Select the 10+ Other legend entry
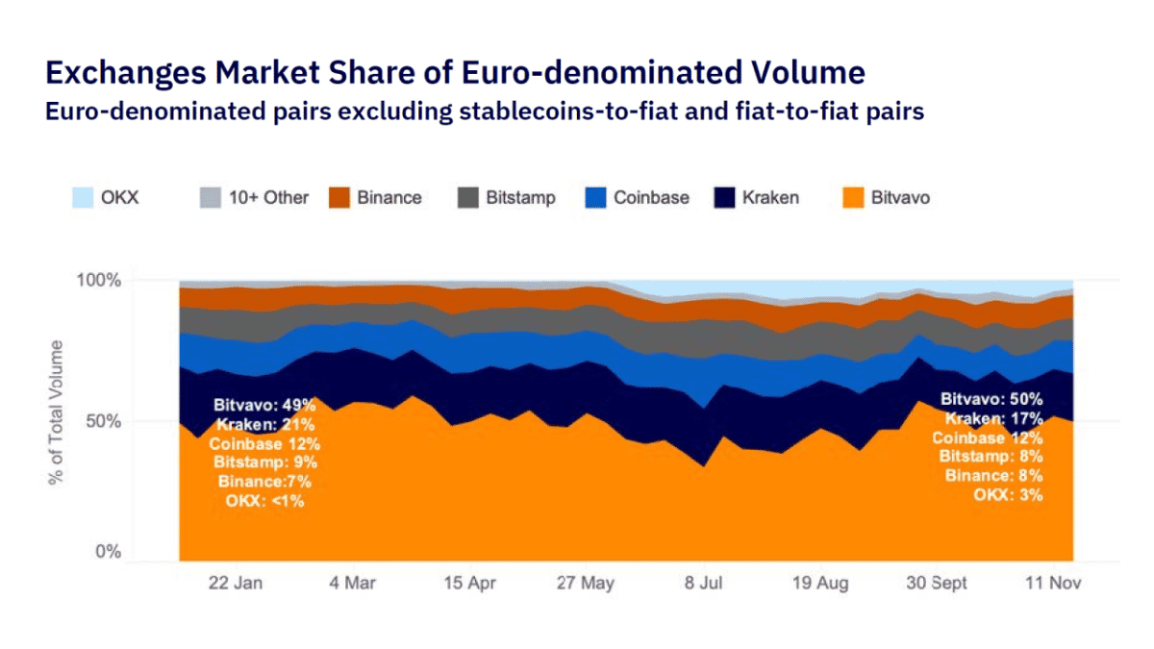click(254, 198)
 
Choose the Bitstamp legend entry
click(509, 198)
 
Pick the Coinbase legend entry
click(637, 198)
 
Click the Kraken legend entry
click(756, 198)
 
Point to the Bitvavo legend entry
click(885, 198)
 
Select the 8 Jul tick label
click(703, 584)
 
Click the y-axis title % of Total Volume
click(57, 412)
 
